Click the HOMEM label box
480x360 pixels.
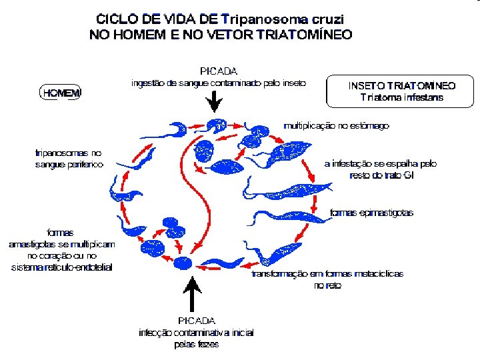61,93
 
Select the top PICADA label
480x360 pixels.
219,71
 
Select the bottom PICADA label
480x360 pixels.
196,321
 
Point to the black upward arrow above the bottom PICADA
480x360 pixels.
192,293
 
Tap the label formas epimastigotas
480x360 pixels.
372,213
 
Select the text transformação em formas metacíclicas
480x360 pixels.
327,274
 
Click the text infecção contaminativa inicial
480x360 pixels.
196,333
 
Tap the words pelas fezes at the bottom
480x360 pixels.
196,345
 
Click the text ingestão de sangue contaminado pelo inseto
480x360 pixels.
219,83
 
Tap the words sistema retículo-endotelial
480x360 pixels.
62,267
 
